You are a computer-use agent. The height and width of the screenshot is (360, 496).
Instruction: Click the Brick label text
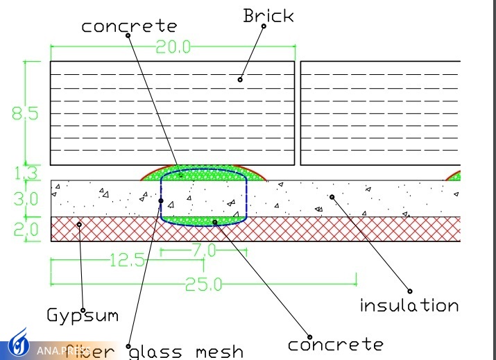click(268, 16)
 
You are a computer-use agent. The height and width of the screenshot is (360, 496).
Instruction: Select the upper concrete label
click(129, 26)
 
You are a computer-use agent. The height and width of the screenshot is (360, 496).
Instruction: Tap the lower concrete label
click(335, 344)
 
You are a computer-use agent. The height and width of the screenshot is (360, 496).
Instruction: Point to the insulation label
click(409, 305)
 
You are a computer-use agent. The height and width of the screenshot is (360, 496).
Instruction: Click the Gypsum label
click(83, 316)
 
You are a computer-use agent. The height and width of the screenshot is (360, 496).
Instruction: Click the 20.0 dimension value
click(172, 47)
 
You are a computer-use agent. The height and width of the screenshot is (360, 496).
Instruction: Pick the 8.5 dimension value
click(25, 112)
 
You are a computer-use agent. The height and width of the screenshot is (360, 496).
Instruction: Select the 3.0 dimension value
click(25, 199)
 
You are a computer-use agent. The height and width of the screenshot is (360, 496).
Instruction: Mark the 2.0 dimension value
click(25, 229)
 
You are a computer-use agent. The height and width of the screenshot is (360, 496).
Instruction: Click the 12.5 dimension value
click(126, 260)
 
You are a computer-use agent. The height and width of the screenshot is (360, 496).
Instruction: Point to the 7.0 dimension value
click(207, 250)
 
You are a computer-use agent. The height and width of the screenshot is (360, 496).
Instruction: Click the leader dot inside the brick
click(240, 79)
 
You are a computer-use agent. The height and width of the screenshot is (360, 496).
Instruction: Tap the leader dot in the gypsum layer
click(79, 224)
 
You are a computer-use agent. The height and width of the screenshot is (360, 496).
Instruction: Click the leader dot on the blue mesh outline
click(161, 201)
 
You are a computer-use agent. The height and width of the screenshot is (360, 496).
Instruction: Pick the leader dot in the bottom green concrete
click(215, 222)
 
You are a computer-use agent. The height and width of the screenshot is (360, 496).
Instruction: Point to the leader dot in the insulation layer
click(332, 197)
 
